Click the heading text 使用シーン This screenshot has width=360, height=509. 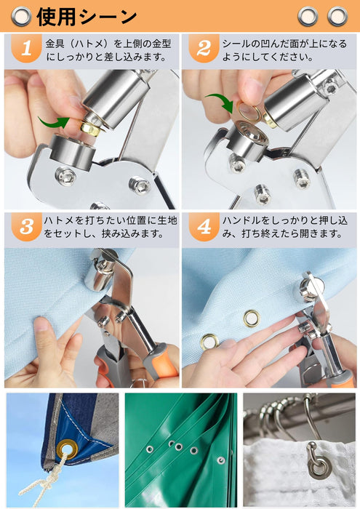(x=87, y=16)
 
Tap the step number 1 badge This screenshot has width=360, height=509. (x=26, y=49)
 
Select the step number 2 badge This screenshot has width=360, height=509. (x=204, y=49)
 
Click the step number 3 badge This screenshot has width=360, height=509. (x=26, y=227)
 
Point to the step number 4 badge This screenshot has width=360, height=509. (x=204, y=227)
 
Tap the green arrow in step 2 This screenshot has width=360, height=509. (x=221, y=100)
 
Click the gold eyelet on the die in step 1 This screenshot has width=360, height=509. (x=90, y=127)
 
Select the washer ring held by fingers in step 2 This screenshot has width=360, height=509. (x=248, y=111)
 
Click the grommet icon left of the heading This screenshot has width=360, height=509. (x=21, y=16)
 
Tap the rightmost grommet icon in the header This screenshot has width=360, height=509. (x=337, y=16)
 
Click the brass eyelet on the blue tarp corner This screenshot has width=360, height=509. (x=67, y=449)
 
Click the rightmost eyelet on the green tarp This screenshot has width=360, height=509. (x=221, y=460)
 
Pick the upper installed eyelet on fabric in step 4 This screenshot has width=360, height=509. (x=252, y=318)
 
